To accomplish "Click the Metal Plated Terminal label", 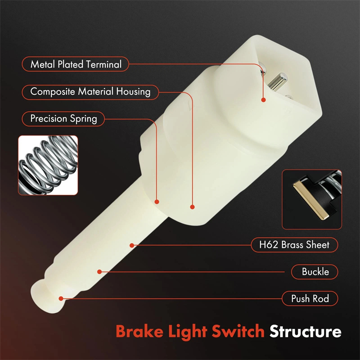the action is (75, 64).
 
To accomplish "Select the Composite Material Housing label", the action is (90, 92).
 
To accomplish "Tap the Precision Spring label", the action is (63, 119).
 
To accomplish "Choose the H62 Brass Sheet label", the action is (294, 245).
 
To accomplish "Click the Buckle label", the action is (315, 272).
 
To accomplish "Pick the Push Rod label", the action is (310, 298).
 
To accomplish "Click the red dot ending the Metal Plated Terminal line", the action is (264, 100).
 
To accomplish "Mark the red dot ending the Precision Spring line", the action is (157, 202).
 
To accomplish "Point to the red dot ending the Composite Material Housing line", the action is (193, 207).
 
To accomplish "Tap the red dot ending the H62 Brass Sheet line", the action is (132, 245).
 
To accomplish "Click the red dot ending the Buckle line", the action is (99, 272).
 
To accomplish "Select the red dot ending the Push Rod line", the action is (61, 298).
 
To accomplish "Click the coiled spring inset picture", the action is (48, 165).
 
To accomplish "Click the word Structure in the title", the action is (306, 331).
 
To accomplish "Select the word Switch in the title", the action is (238, 331).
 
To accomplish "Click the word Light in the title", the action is (187, 332).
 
